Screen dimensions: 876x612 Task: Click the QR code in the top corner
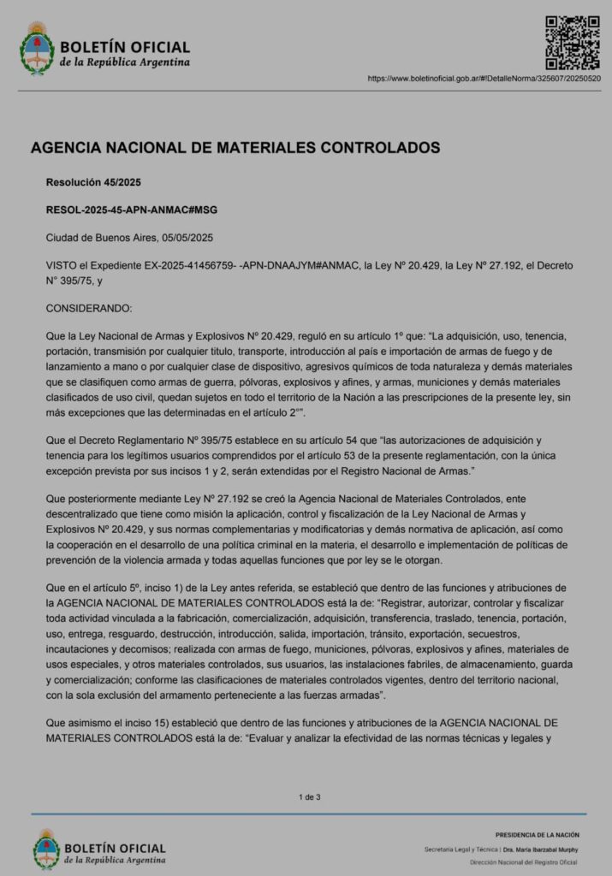pyautogui.click(x=573, y=42)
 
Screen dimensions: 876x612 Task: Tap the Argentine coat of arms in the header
pyautogui.click(x=37, y=49)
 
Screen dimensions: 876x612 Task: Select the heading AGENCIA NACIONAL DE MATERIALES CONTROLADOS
pyautogui.click(x=235, y=148)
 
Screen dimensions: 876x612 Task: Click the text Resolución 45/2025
pyautogui.click(x=94, y=181)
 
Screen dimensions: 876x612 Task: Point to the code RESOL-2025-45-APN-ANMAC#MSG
pyautogui.click(x=126, y=210)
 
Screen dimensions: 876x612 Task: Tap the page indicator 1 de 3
pyautogui.click(x=310, y=797)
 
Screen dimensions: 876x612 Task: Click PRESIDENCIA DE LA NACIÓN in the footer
pyautogui.click(x=537, y=834)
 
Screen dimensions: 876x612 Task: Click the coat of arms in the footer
pyautogui.click(x=45, y=848)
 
